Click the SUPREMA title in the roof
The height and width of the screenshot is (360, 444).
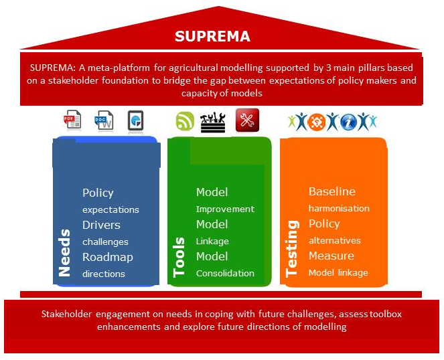[x=212, y=36]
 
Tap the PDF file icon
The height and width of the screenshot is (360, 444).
[x=72, y=119]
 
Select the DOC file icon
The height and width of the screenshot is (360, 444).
[x=104, y=120]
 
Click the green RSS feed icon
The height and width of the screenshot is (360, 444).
[x=185, y=121]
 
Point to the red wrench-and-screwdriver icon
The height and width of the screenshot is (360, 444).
[x=247, y=120]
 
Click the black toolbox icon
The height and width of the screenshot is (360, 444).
[x=213, y=122]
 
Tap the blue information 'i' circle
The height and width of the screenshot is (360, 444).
[x=348, y=122]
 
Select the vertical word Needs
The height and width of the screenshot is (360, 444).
[x=64, y=253]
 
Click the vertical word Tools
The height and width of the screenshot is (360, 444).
[x=179, y=257]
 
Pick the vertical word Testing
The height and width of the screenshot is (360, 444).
[x=292, y=249]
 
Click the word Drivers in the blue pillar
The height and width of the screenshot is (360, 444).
[x=101, y=225]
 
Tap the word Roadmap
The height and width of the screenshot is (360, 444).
[x=108, y=257]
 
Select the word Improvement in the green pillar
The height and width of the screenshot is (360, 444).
[x=225, y=209]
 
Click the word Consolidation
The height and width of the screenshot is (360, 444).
[x=225, y=274]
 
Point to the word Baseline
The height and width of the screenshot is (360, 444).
[x=332, y=191]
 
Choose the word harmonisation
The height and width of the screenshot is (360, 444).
[x=339, y=209]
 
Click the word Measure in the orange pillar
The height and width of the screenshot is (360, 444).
[x=331, y=256]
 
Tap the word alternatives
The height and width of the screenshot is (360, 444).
[x=335, y=241]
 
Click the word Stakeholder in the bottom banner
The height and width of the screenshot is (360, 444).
[x=66, y=314]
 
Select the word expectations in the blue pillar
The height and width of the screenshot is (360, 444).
[x=110, y=210]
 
